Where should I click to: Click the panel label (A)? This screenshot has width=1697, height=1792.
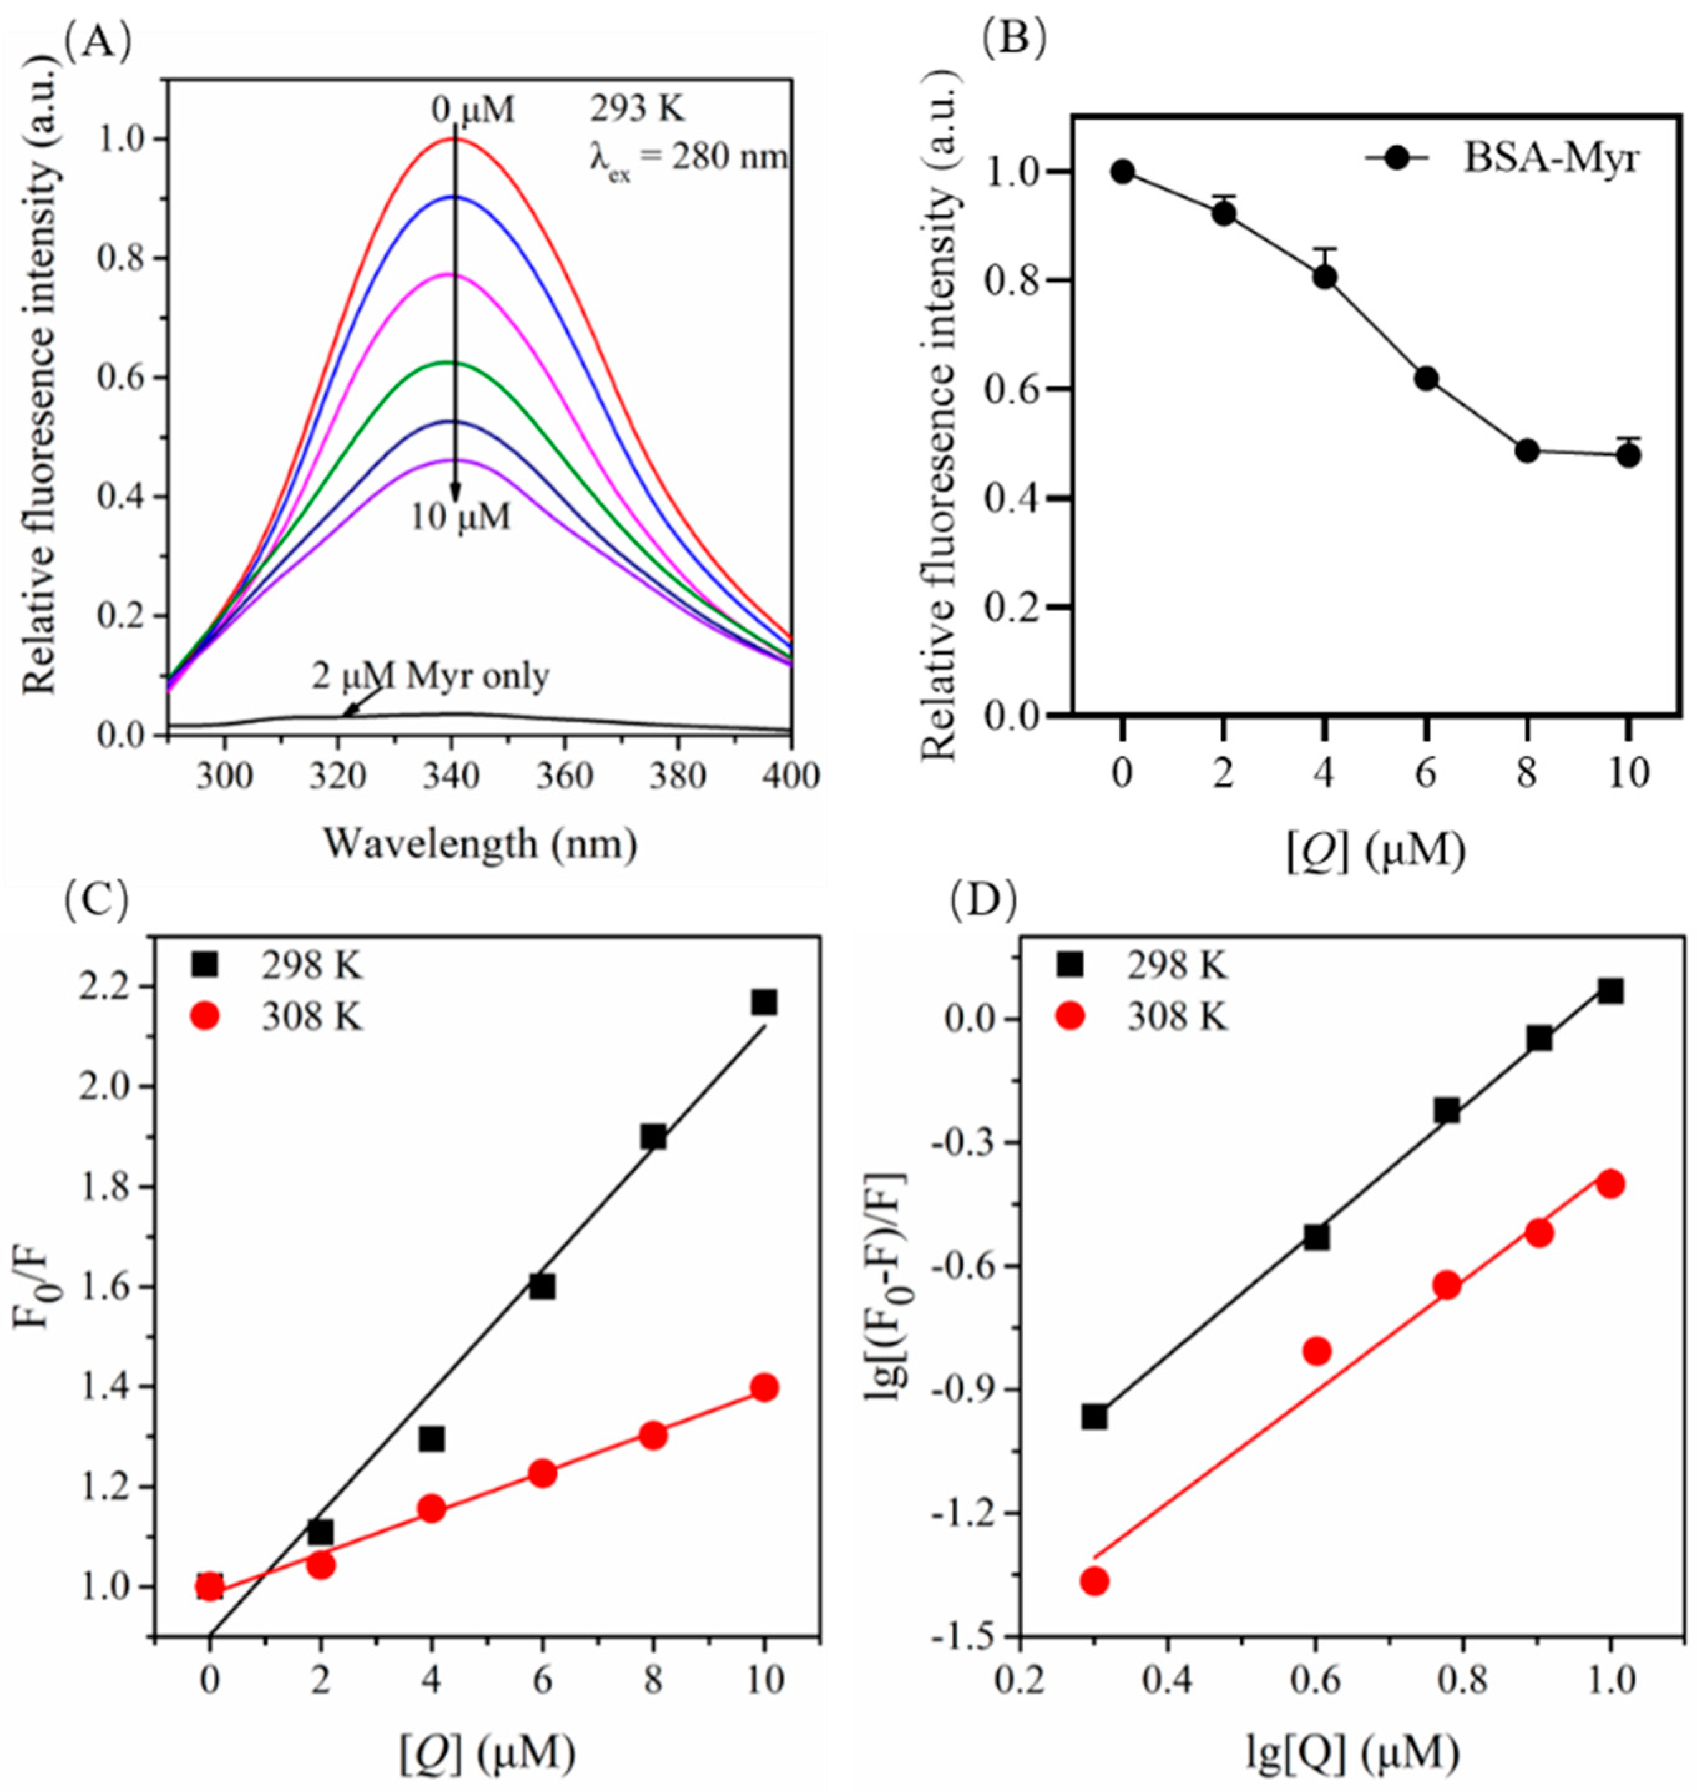(x=98, y=42)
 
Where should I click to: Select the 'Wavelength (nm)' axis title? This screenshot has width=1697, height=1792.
(x=480, y=844)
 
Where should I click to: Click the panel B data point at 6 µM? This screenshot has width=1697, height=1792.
(x=1427, y=379)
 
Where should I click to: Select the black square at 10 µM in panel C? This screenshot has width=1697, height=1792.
(x=765, y=1003)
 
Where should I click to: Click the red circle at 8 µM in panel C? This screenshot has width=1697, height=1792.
(x=653, y=1436)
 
